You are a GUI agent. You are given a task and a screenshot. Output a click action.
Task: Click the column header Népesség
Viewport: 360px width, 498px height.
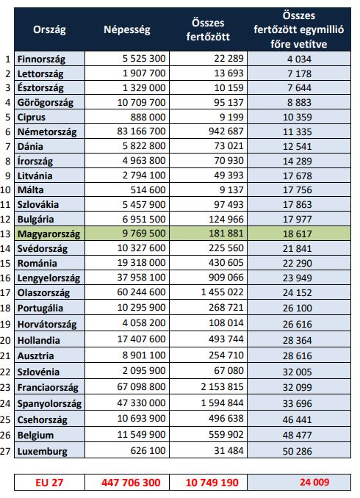click(x=127, y=30)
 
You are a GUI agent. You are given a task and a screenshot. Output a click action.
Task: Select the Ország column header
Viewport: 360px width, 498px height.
click(x=49, y=30)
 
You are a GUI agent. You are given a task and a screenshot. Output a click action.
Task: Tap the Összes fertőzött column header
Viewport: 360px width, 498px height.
click(x=208, y=30)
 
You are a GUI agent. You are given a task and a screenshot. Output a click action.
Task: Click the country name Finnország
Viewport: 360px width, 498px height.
click(x=41, y=59)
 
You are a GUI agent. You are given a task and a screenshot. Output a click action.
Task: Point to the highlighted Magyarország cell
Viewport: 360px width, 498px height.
click(x=48, y=234)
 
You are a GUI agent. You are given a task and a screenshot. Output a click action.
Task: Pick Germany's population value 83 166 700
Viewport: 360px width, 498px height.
click(x=141, y=131)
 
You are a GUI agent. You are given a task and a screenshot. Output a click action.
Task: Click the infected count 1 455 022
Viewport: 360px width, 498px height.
click(x=222, y=292)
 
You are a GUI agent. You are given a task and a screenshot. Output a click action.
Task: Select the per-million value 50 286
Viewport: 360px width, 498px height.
click(x=298, y=451)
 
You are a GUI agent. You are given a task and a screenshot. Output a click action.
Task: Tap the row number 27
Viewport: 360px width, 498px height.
click(x=6, y=451)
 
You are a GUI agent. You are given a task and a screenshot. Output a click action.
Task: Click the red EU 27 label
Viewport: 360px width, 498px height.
click(x=49, y=483)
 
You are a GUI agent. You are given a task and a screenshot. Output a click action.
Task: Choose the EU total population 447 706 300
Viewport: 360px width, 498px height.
click(x=131, y=483)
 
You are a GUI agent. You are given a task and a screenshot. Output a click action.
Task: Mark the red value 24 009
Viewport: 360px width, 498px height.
click(x=314, y=482)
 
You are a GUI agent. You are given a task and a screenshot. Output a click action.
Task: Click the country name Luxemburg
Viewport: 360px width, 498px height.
click(x=43, y=452)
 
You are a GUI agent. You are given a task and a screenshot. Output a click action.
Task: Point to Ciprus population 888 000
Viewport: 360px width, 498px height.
click(x=148, y=117)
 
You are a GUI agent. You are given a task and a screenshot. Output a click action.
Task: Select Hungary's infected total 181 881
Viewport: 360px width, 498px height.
click(x=226, y=234)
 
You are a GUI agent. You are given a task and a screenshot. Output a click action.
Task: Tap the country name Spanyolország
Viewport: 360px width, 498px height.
click(x=49, y=404)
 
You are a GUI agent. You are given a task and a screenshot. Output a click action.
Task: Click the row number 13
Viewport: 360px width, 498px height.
click(x=6, y=234)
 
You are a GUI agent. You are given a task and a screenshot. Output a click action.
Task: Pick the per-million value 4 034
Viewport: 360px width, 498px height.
click(x=299, y=59)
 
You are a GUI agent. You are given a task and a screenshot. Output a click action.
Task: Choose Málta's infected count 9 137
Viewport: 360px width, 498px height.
click(x=231, y=190)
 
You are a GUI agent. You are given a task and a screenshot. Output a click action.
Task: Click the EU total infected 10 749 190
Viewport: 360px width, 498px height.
click(x=212, y=483)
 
